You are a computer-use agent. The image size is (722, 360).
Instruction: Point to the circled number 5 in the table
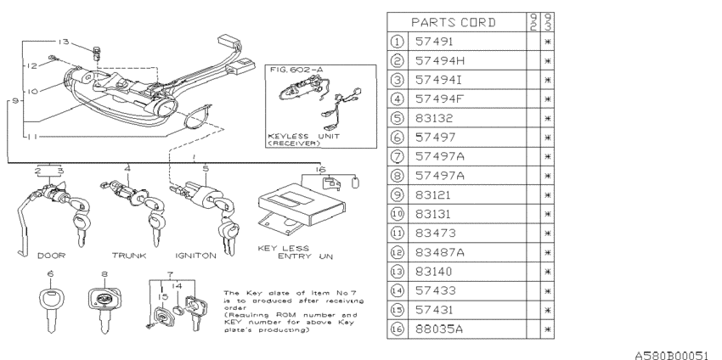(397, 117)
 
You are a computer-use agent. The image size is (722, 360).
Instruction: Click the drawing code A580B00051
(671, 351)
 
